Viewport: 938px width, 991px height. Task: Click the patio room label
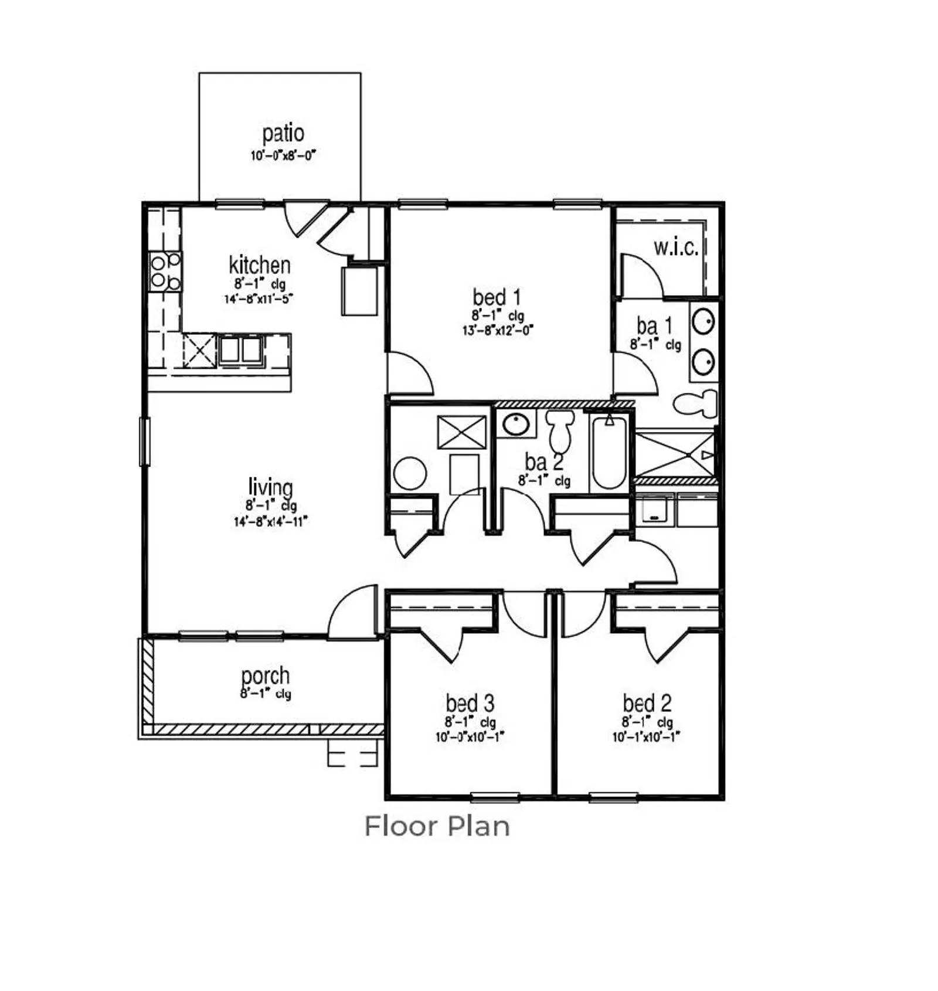(x=283, y=133)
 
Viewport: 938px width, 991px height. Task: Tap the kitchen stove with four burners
(x=165, y=271)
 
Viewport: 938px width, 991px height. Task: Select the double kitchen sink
(x=240, y=350)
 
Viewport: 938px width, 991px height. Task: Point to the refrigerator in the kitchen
(x=359, y=291)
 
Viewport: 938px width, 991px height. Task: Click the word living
(x=270, y=487)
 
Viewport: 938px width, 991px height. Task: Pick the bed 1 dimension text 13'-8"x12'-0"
(x=498, y=330)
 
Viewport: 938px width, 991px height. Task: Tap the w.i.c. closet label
(x=676, y=248)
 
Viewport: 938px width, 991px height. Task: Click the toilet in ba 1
(x=696, y=403)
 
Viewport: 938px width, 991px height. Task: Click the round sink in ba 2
(x=516, y=425)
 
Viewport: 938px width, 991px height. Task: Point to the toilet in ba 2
(x=560, y=430)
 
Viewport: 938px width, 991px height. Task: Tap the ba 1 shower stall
(x=675, y=454)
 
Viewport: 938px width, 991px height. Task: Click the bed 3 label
(x=470, y=702)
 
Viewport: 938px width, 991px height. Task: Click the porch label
(x=265, y=676)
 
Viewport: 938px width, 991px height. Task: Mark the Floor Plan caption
(x=437, y=826)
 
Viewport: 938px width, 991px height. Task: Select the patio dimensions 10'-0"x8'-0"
(x=283, y=155)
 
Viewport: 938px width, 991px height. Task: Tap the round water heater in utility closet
(x=410, y=473)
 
